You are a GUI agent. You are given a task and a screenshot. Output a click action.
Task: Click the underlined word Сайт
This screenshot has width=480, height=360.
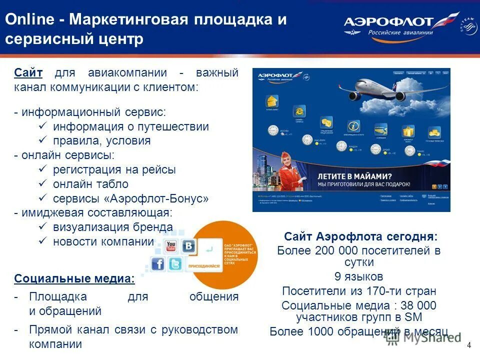click(x=28, y=73)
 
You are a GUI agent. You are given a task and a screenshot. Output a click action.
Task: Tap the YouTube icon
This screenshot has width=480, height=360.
click(x=171, y=246)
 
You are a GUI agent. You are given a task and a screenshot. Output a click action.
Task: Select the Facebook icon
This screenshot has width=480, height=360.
click(x=157, y=263)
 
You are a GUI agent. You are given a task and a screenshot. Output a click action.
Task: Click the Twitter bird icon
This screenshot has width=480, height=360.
click(x=175, y=263)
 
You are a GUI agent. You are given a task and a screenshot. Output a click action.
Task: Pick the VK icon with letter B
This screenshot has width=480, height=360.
click(x=189, y=246)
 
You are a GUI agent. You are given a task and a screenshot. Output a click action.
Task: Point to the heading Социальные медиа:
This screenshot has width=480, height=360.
click(x=74, y=278)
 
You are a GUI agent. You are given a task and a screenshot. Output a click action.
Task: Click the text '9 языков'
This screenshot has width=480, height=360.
click(x=358, y=276)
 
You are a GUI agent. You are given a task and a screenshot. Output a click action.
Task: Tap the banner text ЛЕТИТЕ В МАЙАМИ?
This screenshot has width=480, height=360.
click(x=355, y=176)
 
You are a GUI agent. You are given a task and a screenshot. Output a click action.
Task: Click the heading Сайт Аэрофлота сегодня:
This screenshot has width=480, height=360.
click(x=360, y=236)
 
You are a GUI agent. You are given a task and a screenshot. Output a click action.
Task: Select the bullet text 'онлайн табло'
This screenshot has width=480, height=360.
click(x=90, y=184)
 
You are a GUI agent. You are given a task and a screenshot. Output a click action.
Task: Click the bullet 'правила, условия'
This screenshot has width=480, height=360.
click(x=101, y=140)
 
